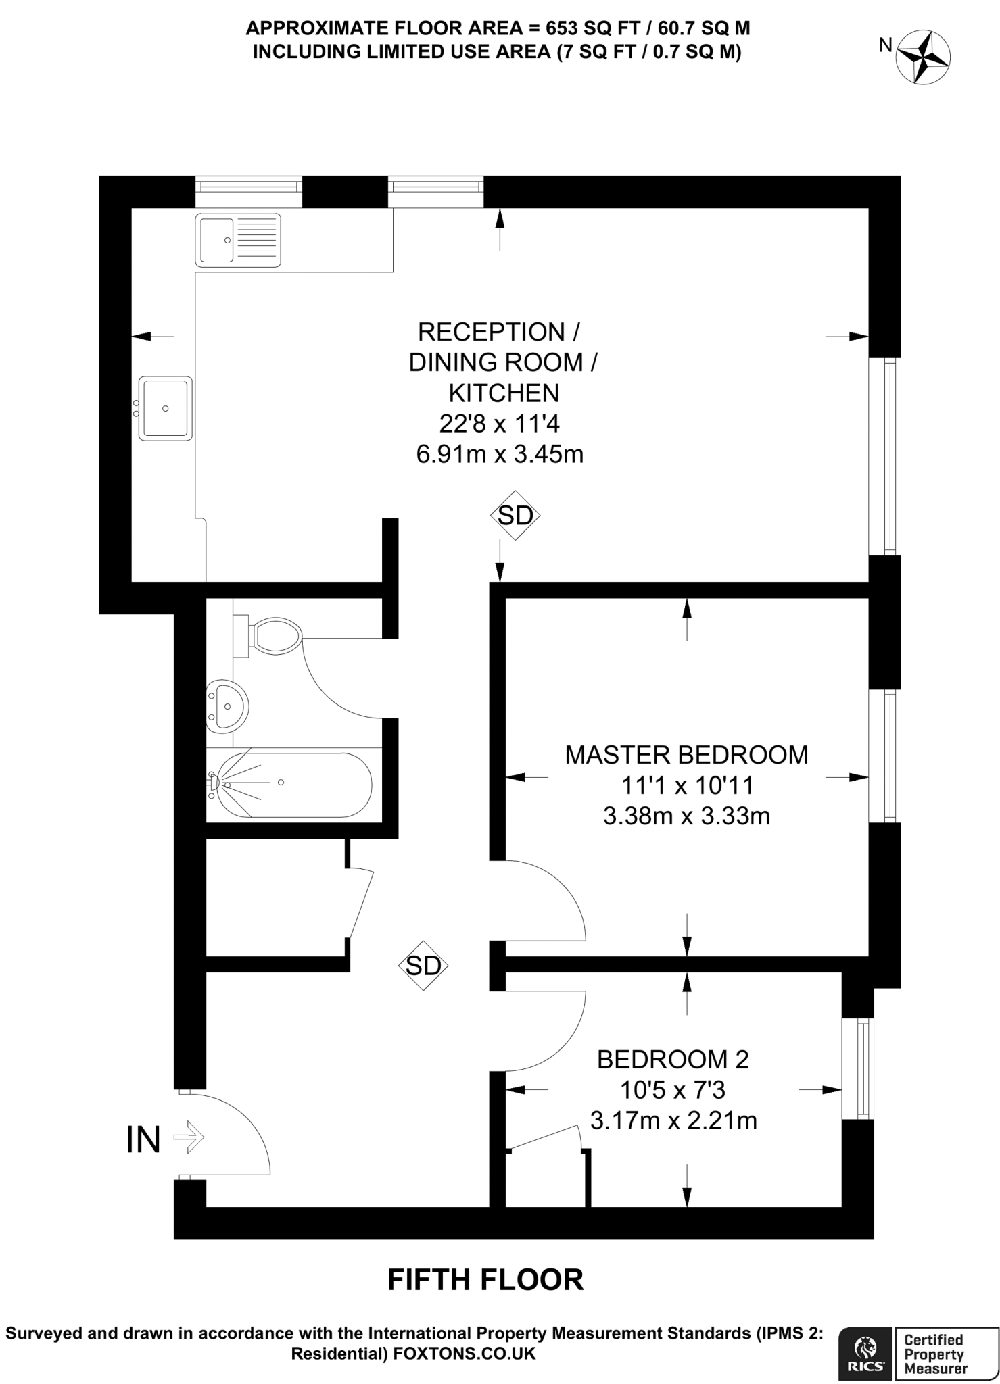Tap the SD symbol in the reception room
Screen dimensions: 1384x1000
pyautogui.click(x=515, y=515)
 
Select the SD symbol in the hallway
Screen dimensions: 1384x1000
pyautogui.click(x=423, y=966)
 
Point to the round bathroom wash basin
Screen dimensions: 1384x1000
pyautogui.click(x=227, y=706)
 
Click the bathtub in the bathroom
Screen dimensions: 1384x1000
pyautogui.click(x=289, y=784)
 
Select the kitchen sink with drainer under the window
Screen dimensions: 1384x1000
pyautogui.click(x=237, y=240)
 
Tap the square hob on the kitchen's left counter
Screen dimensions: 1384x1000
pyautogui.click(x=166, y=408)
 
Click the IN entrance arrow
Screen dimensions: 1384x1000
pyautogui.click(x=189, y=1138)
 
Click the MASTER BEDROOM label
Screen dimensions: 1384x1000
pyautogui.click(x=686, y=754)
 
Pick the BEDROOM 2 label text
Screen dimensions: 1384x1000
pyautogui.click(x=673, y=1060)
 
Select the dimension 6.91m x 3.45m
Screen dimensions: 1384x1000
pyautogui.click(x=500, y=454)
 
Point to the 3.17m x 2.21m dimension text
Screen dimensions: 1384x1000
pyautogui.click(x=673, y=1120)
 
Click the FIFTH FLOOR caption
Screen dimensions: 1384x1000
pyautogui.click(x=485, y=1280)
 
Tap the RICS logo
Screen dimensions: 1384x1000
pyautogui.click(x=865, y=1352)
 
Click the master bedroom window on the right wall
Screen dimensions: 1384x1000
pyautogui.click(x=884, y=756)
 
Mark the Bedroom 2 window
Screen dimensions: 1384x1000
pyautogui.click(x=858, y=1068)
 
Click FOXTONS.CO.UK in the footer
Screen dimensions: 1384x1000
pyautogui.click(x=465, y=1354)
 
